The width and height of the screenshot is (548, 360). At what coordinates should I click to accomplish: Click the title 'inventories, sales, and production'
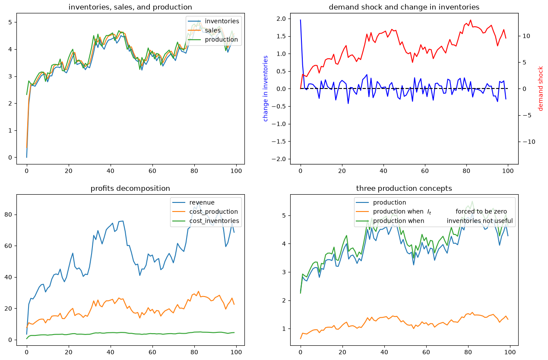pos(130,7)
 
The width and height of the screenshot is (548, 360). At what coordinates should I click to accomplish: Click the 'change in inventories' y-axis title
pos(266,88)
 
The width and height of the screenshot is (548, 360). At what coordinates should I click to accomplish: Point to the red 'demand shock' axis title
pos(540,88)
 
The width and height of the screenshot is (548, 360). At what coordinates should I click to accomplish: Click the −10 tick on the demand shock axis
pos(529,142)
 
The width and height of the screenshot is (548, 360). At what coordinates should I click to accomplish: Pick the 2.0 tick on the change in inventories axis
pos(281,19)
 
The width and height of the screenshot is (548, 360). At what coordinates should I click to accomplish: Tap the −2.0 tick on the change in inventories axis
pos(279,159)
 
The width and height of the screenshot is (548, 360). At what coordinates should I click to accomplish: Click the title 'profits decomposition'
pos(130,188)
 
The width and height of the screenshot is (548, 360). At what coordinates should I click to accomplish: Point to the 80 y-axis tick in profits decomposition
pos(8,215)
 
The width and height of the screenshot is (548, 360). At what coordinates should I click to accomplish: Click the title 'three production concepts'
pos(404,188)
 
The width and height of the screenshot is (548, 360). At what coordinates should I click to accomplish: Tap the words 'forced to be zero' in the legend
pos(481,212)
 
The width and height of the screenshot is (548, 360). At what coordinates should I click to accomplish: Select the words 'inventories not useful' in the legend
pos(479,221)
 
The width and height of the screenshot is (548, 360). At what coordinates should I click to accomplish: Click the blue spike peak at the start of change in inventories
pos(301,20)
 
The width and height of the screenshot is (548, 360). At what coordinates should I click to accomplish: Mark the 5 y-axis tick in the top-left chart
pos(10,22)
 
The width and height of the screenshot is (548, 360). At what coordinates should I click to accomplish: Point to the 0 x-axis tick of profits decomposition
pos(27,352)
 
